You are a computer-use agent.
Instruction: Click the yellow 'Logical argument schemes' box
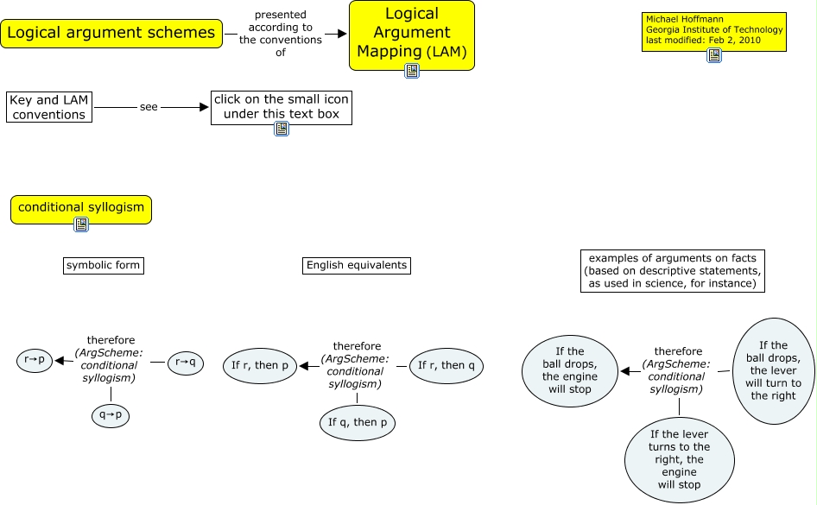(111, 34)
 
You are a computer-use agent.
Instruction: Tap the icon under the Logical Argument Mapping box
(412, 72)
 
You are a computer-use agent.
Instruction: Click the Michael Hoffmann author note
(713, 30)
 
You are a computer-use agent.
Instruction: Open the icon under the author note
(713, 55)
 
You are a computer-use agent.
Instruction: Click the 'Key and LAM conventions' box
(48, 106)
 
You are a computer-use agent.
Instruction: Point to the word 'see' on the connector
(149, 107)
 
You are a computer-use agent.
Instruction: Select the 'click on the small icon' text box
(281, 106)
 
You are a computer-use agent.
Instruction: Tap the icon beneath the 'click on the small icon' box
(281, 129)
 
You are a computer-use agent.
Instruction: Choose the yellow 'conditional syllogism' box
(81, 208)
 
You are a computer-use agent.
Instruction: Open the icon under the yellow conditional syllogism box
(81, 225)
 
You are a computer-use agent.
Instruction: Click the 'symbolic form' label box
(103, 265)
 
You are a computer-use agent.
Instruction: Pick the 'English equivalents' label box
(356, 265)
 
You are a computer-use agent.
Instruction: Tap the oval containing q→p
(110, 415)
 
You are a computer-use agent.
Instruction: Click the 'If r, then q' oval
(446, 365)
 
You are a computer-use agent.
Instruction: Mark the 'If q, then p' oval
(357, 422)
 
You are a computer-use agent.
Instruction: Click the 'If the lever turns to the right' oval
(679, 459)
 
